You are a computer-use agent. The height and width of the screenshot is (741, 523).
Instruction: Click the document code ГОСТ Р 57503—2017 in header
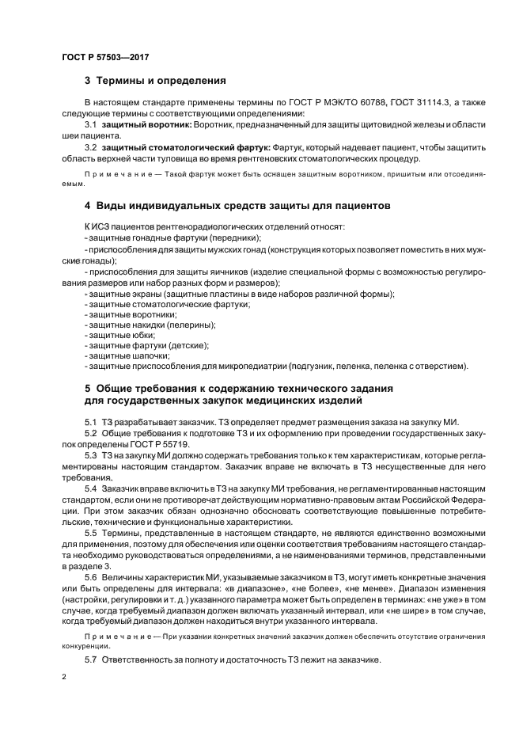coord(105,58)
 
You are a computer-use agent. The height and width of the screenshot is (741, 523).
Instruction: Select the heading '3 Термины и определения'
coord(155,81)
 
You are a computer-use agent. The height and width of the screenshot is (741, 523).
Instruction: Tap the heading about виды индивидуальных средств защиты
coord(237,206)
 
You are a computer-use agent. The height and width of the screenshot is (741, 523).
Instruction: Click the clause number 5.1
coord(90,421)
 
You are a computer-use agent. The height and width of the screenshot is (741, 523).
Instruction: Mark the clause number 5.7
coord(90,659)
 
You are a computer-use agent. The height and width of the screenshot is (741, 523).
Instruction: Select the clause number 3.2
coord(90,147)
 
